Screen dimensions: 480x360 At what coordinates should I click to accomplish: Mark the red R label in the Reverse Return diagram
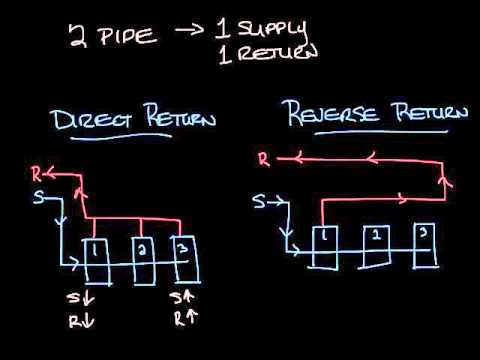pos(262,157)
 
